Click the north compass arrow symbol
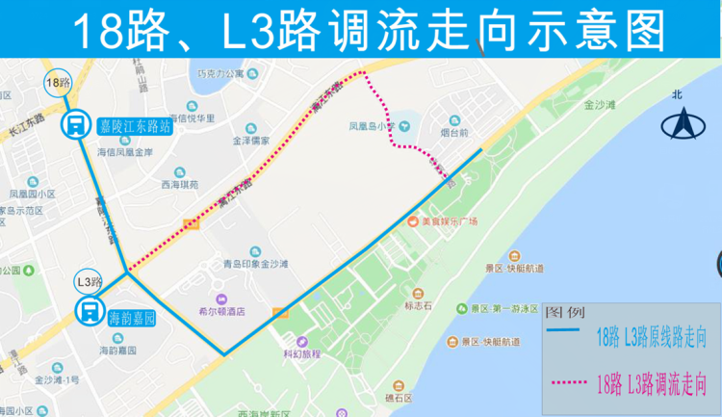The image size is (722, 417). pos(685,123)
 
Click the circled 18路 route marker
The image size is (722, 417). pos(58,83)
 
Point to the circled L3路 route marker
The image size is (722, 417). pos(89,282)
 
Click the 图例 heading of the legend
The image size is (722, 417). pos(564,313)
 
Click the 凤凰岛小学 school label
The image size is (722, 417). pos(372,125)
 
